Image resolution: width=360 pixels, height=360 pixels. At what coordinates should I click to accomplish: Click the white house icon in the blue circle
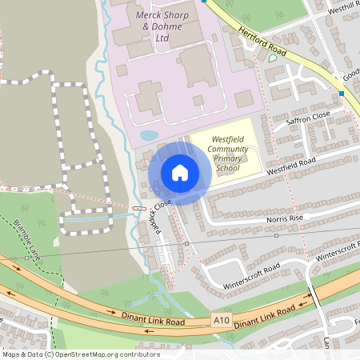(180, 173)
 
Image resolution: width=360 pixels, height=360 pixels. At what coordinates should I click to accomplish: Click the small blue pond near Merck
(149, 135)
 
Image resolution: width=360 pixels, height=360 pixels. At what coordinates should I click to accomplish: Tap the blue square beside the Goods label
(342, 94)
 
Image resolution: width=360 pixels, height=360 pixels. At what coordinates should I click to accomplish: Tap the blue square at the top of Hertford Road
(205, 2)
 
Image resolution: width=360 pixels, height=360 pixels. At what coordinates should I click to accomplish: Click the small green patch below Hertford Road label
(273, 58)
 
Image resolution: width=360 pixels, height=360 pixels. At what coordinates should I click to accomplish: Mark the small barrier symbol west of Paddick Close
(139, 209)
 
